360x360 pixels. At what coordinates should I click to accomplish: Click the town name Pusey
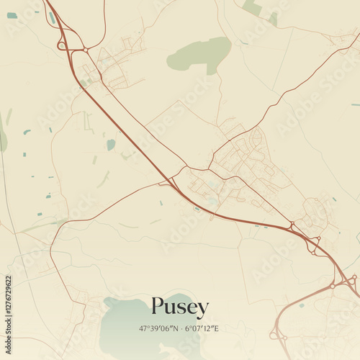click(x=180, y=307)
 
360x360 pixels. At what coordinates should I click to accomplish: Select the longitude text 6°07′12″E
click(x=201, y=328)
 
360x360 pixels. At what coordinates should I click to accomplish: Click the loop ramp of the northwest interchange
click(x=62, y=45)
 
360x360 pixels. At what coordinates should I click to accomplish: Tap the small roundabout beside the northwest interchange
click(x=85, y=50)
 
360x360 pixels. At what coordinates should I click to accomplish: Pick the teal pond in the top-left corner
click(x=12, y=15)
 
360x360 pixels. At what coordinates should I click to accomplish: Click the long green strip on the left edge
click(x=4, y=137)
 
